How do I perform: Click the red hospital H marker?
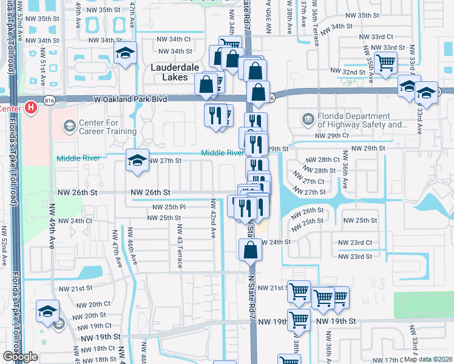coord(31,108)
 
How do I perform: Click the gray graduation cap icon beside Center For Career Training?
coord(70,127)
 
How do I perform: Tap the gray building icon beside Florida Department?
coord(308,117)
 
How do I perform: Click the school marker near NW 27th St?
coord(137,161)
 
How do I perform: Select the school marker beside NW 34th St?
coord(126,53)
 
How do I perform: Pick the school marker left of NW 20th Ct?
coord(47,311)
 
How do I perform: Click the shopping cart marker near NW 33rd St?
coord(386,62)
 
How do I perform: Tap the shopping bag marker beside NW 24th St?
coord(250,250)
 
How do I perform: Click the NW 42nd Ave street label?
coord(213,218)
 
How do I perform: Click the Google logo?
coord(20,357)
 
